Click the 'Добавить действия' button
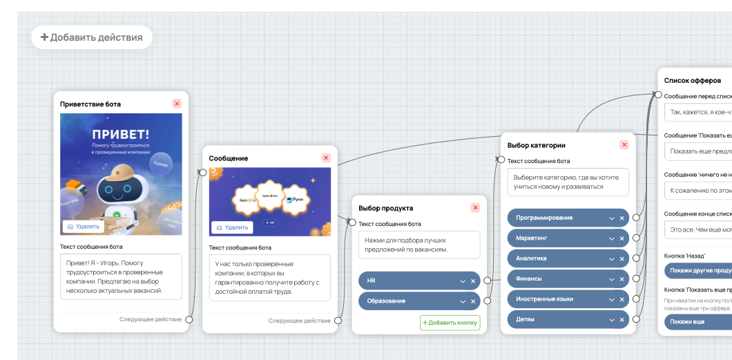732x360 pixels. pyautogui.click(x=92, y=37)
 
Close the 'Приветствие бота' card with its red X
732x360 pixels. pyautogui.click(x=177, y=104)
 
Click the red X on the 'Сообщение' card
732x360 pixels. pyautogui.click(x=326, y=158)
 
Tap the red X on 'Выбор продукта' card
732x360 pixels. pyautogui.click(x=475, y=207)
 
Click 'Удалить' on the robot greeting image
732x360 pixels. pyautogui.click(x=84, y=227)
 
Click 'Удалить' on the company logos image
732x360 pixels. pyautogui.click(x=232, y=227)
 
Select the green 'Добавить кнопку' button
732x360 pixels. pyautogui.click(x=450, y=323)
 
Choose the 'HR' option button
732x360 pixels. pyautogui.click(x=407, y=281)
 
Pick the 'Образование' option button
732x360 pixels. pyautogui.click(x=407, y=301)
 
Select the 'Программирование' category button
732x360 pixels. pyautogui.click(x=556, y=218)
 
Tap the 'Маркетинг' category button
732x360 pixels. pyautogui.click(x=556, y=238)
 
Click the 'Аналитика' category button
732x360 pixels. pyautogui.click(x=556, y=258)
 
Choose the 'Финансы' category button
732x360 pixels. pyautogui.click(x=556, y=279)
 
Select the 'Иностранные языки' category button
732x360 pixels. pyautogui.click(x=556, y=299)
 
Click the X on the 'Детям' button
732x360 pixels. pyautogui.click(x=622, y=320)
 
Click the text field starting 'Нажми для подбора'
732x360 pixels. pyautogui.click(x=419, y=245)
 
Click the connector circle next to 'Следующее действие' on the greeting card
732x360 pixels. pyautogui.click(x=188, y=320)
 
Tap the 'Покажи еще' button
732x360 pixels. pyautogui.click(x=694, y=321)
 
